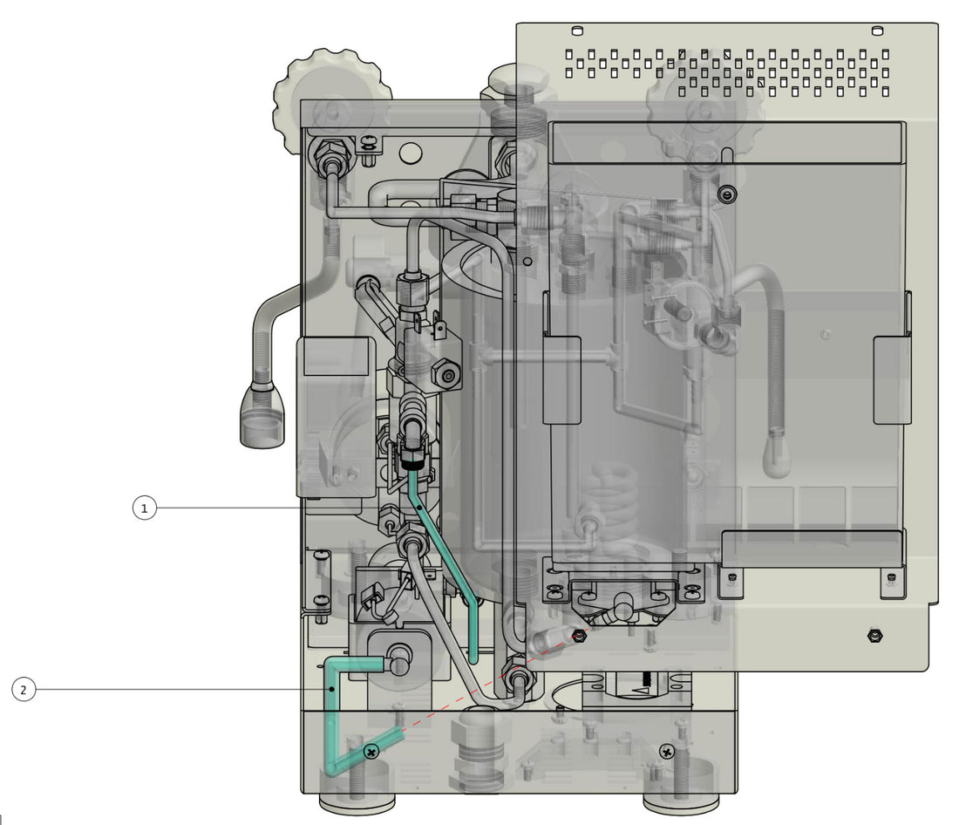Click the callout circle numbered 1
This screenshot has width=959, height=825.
pos(145,508)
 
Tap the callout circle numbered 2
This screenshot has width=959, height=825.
pos(24,690)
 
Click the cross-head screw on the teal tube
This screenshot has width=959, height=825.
pos(372,751)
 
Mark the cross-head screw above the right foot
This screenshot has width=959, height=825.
pos(667,751)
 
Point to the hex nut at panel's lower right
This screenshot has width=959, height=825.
pos(875,635)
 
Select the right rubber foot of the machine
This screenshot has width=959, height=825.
pos(681,801)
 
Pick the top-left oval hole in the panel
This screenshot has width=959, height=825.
pos(576,31)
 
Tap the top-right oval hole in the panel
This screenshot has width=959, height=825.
pos(876,32)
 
